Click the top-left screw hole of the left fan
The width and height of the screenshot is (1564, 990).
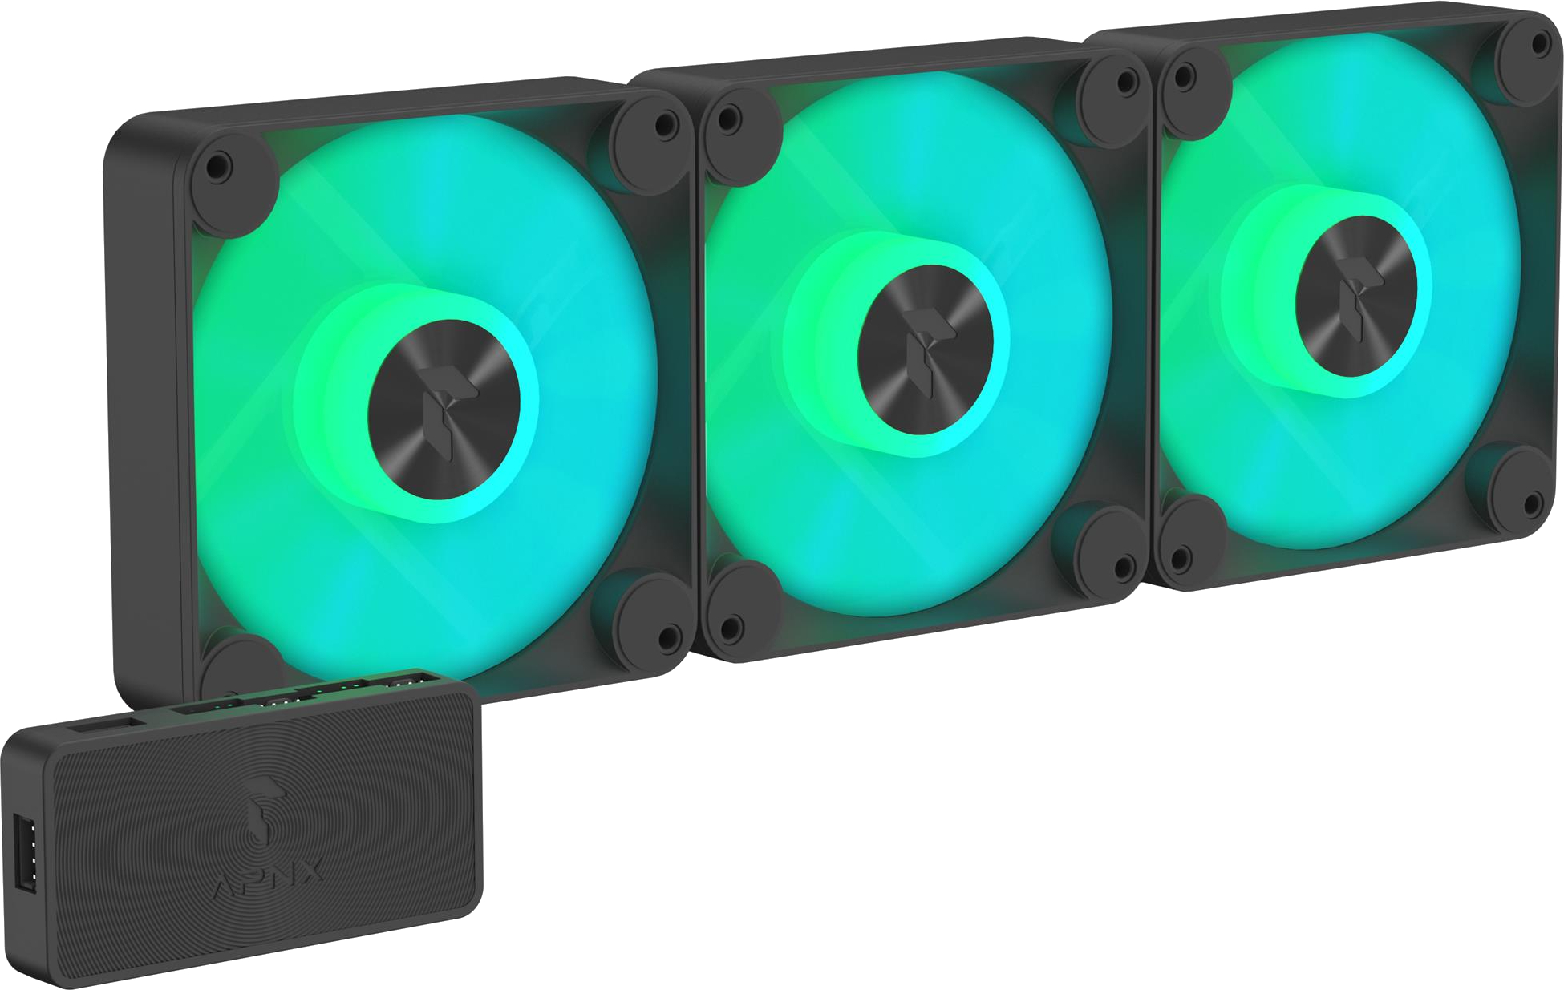tap(217, 167)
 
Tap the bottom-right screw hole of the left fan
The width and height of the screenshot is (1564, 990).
tap(666, 637)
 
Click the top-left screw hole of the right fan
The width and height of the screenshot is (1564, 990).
tap(1181, 79)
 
